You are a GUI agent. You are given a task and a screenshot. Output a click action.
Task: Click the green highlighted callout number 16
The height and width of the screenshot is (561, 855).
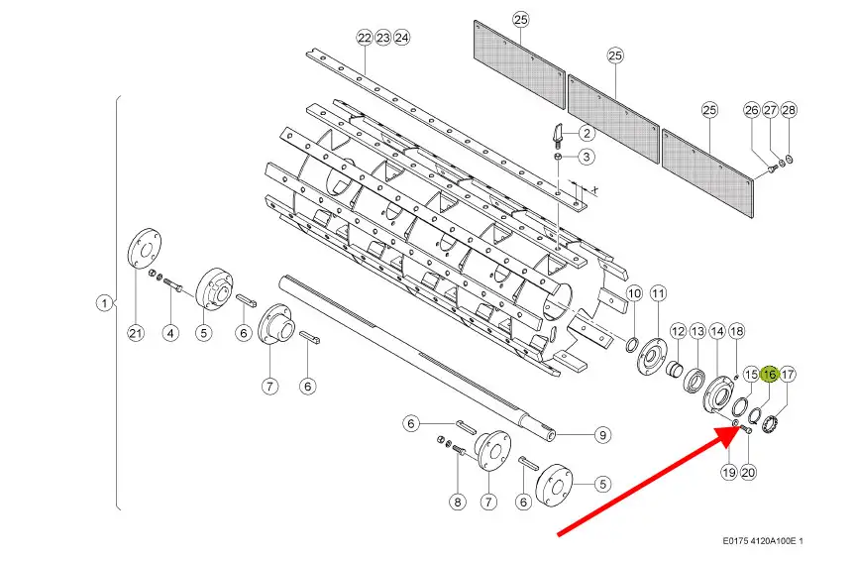pos(770,375)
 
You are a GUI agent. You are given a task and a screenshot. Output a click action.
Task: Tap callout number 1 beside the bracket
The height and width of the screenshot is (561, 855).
pos(104,303)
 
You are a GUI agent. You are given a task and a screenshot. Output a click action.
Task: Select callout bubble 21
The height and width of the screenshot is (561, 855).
pos(136,333)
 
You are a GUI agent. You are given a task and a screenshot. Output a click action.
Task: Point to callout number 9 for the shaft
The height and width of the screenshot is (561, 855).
pos(602,435)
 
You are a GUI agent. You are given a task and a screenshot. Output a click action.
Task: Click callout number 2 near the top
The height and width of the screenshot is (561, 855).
pos(587,133)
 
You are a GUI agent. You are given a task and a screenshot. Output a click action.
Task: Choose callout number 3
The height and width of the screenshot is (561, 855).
pos(587,157)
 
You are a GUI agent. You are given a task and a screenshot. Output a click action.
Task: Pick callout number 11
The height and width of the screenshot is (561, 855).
pos(659,294)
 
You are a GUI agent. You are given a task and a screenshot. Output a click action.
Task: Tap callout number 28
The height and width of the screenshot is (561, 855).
pos(789,110)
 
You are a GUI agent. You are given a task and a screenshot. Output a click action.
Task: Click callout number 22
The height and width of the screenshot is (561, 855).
pos(365,38)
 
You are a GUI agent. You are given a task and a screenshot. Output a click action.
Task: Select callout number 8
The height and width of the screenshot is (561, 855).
pos(457,502)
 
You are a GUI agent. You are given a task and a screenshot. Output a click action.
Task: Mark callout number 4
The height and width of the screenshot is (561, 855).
pos(170,333)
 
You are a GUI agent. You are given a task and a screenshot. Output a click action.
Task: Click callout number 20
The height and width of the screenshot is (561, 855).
pos(748,472)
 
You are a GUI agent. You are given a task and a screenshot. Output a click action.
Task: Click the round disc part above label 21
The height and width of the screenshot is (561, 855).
pos(145,249)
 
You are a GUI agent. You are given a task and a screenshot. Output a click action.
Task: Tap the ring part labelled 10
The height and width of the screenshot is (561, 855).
pos(631,345)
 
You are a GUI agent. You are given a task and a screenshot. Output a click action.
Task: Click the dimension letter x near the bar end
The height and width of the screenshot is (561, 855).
pos(594,189)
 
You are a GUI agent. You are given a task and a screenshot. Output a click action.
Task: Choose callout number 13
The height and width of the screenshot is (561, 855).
pos(697,331)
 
